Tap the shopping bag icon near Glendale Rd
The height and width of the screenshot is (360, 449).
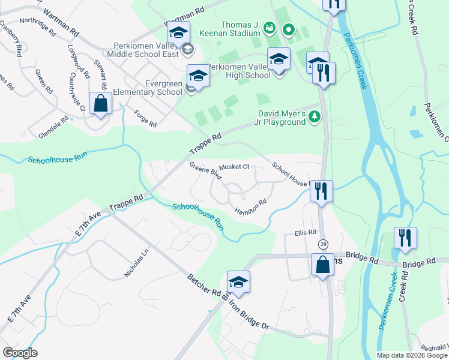(100, 104)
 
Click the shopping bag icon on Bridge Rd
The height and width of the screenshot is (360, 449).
(322, 265)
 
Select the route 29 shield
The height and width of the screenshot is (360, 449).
(323, 244)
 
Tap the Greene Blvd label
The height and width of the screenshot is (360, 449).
(206, 170)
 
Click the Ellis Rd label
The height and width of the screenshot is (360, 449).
(305, 232)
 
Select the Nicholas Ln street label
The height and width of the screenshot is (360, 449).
(136, 263)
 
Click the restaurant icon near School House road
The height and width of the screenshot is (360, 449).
(321, 192)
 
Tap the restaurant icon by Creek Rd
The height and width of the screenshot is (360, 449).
(405, 238)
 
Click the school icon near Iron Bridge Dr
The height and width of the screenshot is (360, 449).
(238, 283)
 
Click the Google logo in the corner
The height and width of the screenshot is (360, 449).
(20, 353)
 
